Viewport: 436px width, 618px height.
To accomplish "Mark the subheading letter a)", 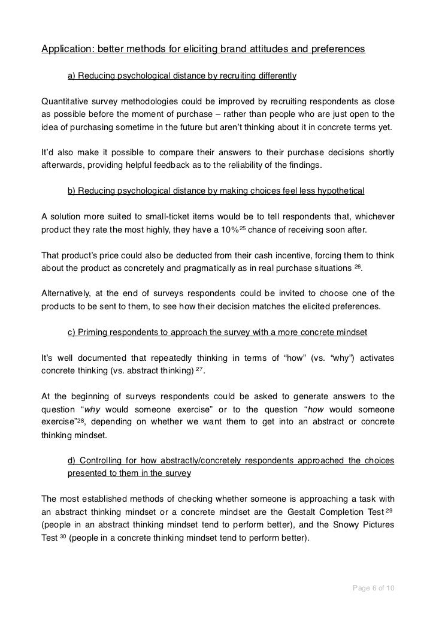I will click(x=71, y=77).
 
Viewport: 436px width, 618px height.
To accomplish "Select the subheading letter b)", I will click(x=71, y=191).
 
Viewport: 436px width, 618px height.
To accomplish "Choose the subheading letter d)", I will click(x=71, y=460).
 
